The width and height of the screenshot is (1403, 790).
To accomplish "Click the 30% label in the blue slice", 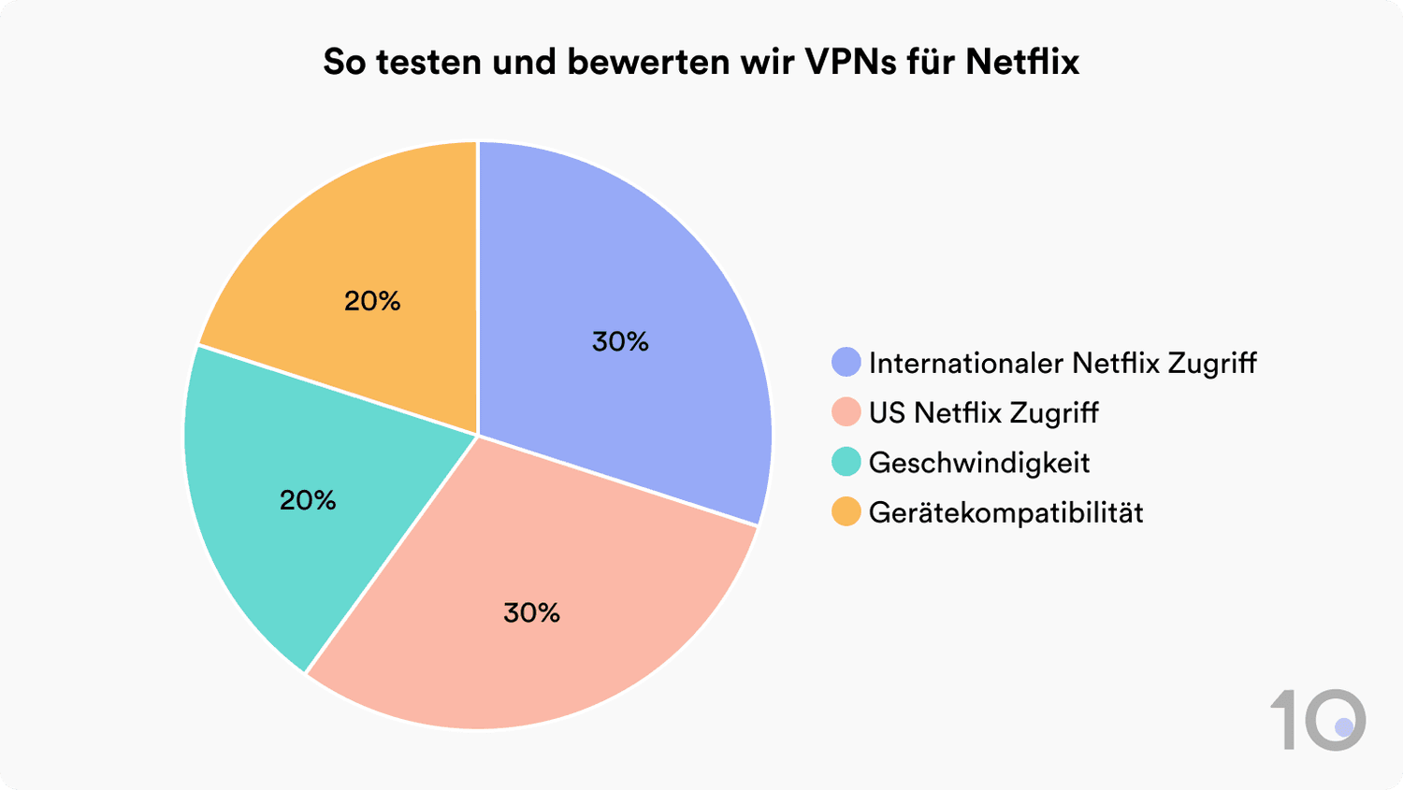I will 620,341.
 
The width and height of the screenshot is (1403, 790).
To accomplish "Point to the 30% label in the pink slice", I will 531,612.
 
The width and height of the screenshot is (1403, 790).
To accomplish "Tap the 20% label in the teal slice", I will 308,500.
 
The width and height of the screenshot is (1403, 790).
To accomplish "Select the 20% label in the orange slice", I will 372,300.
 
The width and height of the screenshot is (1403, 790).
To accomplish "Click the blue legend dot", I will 846,363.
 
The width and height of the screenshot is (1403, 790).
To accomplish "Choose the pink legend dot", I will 846,412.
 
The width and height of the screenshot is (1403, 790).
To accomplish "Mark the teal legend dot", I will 846,462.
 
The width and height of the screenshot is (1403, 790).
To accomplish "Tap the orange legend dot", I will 846,512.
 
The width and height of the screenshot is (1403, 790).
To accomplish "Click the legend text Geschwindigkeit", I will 979,463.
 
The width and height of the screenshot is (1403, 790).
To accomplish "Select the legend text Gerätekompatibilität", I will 1005,512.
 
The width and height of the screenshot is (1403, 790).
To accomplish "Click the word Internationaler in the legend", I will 966,363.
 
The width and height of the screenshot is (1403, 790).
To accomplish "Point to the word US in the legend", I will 887,412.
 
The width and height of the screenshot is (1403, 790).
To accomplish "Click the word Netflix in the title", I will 1022,62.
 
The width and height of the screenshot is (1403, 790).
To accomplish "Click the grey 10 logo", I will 1318,719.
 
